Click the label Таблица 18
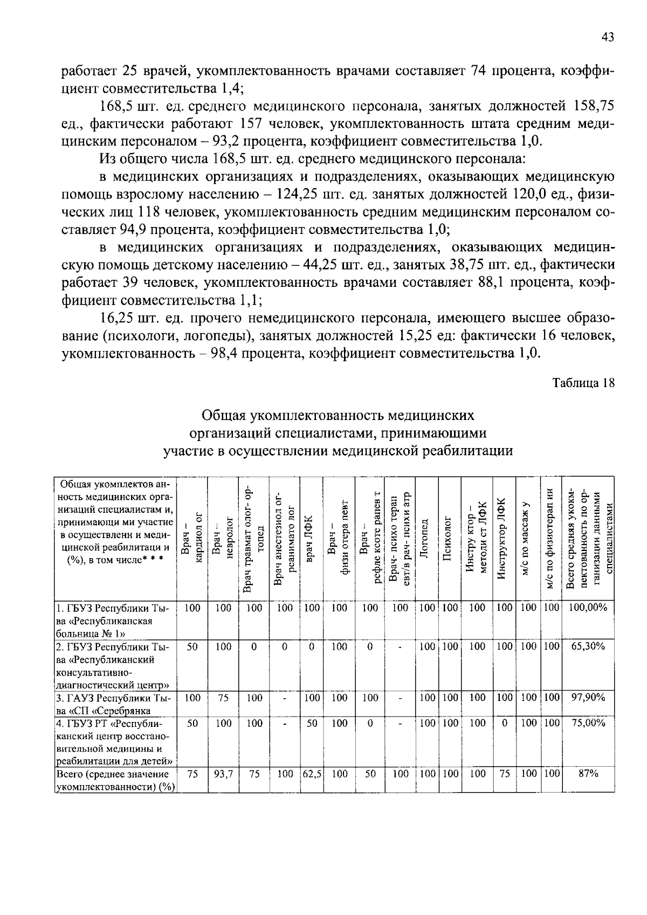coord(583,383)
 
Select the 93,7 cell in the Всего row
coord(223,774)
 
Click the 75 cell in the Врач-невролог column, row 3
coord(223,698)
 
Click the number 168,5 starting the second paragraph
coord(116,106)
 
